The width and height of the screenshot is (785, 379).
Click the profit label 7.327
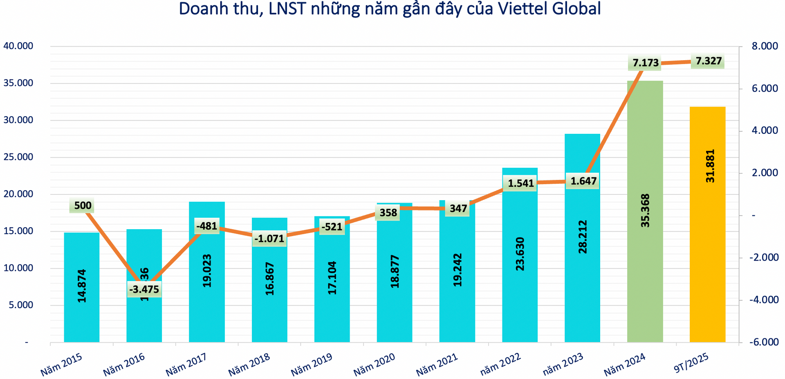708,61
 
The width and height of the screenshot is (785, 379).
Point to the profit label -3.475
144,289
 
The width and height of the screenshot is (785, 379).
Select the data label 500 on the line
83,205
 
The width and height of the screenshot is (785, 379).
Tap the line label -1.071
269,239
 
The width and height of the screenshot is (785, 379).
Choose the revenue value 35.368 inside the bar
645,211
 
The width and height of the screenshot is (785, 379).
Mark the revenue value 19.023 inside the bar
207,271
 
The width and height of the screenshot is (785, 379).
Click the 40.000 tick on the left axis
18,46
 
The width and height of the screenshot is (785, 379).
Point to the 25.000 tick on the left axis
18,157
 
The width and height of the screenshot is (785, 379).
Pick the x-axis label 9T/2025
691,363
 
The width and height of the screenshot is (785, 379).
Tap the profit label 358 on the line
388,213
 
